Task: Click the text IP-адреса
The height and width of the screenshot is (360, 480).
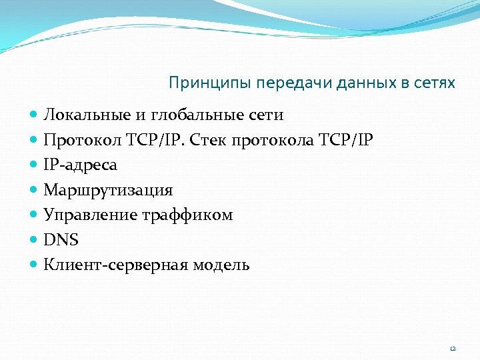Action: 80,165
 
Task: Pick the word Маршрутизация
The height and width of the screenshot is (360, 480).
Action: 108,190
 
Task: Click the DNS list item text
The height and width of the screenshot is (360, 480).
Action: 61,240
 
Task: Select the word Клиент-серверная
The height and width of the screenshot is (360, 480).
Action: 116,265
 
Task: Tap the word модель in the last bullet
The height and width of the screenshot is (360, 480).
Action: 221,265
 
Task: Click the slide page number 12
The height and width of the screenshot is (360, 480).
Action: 453,348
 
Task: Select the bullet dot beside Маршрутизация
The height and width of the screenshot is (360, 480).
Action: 34,191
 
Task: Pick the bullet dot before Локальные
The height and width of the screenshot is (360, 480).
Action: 34,115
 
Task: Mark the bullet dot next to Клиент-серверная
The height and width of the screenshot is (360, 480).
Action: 34,265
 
